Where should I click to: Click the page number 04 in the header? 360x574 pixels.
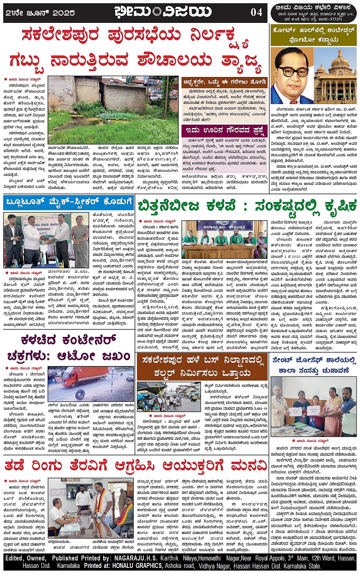click(256, 12)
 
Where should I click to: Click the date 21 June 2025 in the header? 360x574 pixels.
click(40, 13)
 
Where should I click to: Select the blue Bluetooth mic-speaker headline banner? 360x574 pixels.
click(69, 202)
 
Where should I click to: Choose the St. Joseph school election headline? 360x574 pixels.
click(314, 364)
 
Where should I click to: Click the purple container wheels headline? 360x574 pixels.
click(69, 348)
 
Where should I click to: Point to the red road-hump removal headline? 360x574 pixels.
click(135, 465)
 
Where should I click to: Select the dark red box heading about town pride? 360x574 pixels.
click(225, 130)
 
